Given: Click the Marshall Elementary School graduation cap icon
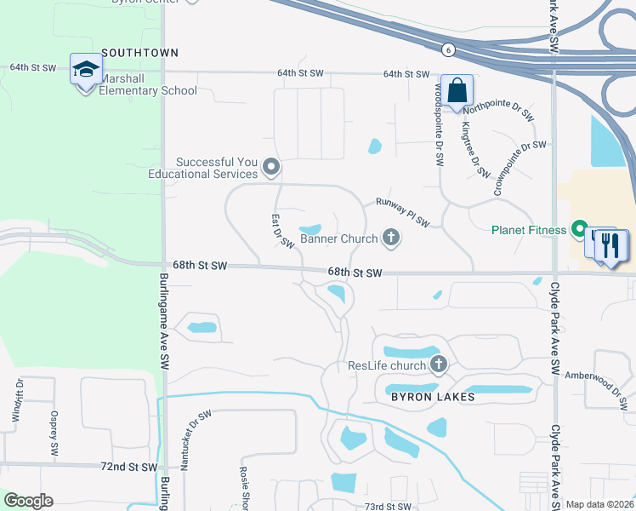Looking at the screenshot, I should (x=85, y=70).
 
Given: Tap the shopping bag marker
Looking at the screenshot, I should (x=457, y=91).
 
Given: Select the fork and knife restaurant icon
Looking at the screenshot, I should (x=610, y=245).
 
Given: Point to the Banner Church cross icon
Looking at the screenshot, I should (x=391, y=238).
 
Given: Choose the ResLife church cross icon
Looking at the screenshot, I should (x=439, y=365).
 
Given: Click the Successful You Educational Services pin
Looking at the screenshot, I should (x=271, y=166).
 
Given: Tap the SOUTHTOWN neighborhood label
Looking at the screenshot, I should (x=140, y=53).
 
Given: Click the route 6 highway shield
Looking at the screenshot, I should (x=447, y=50).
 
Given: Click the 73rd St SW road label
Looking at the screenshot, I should (x=388, y=507).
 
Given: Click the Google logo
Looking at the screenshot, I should (x=28, y=501).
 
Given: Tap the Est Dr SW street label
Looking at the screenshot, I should (x=283, y=231).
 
